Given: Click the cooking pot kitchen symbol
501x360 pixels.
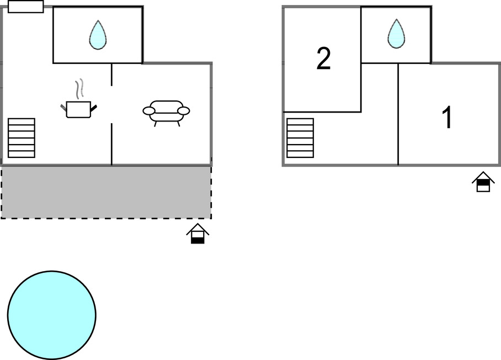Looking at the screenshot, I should click(x=77, y=109).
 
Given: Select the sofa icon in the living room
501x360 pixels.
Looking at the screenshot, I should click(x=166, y=110).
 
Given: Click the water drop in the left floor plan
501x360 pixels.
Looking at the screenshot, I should click(x=98, y=35).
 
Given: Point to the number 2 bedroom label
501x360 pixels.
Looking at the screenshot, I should click(x=323, y=59).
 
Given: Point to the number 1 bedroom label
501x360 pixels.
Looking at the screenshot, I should click(x=447, y=118).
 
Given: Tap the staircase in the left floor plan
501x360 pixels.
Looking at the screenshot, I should click(x=22, y=138).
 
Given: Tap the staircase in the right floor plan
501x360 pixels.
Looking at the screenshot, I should click(x=300, y=138).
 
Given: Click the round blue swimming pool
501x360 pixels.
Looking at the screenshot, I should click(x=51, y=315).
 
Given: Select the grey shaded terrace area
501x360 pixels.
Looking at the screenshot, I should click(x=106, y=192).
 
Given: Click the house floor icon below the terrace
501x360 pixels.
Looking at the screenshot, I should click(x=198, y=234).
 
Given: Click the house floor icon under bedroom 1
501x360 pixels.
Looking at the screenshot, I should click(x=483, y=182).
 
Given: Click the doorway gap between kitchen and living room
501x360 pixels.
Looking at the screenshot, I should click(x=112, y=104).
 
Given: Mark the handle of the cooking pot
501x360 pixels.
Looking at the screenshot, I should click(x=94, y=105).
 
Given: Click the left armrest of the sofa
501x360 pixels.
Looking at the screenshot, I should click(x=148, y=111).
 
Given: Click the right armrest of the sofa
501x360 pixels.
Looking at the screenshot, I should click(x=184, y=111).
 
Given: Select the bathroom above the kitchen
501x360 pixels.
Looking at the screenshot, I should click(x=98, y=35).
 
